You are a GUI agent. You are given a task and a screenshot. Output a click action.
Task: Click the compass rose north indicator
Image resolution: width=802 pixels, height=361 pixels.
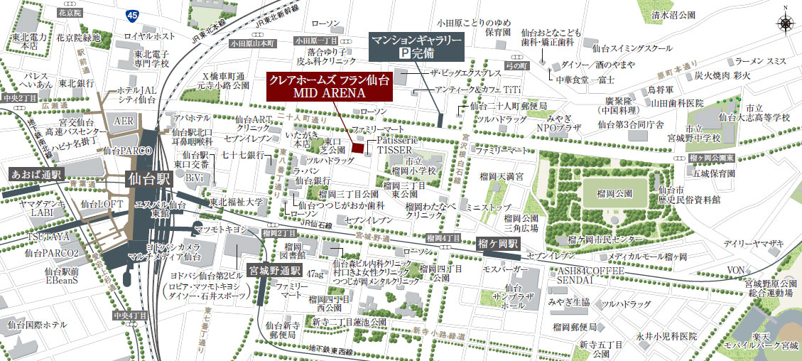[x=785, y=22]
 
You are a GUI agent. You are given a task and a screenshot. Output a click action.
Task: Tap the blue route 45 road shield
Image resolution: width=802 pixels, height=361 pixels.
[x=131, y=14]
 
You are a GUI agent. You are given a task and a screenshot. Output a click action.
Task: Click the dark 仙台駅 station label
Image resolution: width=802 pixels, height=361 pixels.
[x=148, y=179]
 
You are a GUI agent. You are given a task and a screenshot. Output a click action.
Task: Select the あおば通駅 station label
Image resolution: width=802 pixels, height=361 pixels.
[x=37, y=173]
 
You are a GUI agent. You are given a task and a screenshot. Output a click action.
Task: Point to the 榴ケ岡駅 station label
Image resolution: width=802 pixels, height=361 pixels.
[x=498, y=243]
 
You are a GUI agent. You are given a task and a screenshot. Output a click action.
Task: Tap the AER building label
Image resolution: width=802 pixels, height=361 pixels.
[x=123, y=121]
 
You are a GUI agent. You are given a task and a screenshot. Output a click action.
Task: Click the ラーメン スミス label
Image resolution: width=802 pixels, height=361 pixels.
[x=760, y=62]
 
